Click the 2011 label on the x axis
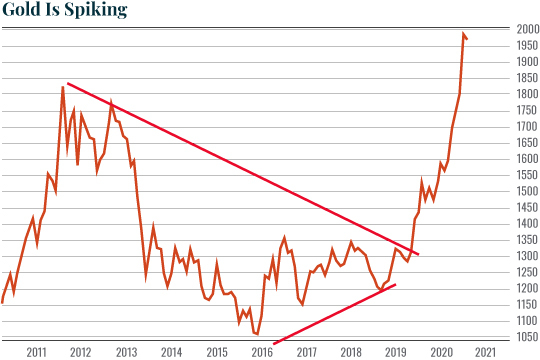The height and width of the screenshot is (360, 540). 36,352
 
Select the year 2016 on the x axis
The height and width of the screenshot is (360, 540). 261,352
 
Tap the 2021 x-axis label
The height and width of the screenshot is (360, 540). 486,352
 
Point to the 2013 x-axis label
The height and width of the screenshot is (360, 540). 126,352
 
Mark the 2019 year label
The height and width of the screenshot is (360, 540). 396,352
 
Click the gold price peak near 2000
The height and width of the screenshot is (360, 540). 463,34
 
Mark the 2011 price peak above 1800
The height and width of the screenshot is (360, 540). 63,87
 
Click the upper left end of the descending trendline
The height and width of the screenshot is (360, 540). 67,83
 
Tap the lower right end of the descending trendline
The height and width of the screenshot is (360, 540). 418,254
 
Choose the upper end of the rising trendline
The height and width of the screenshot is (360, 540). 396,285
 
